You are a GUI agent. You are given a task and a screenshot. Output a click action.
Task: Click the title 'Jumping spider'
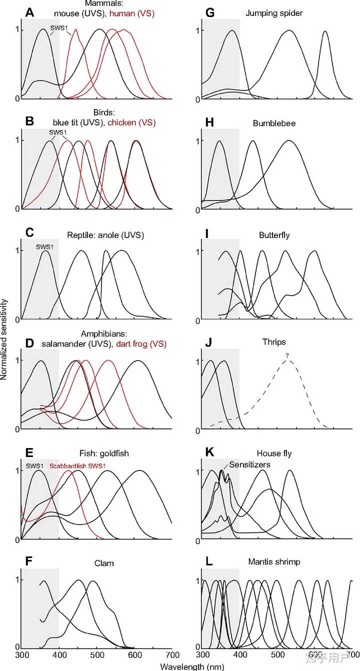270,11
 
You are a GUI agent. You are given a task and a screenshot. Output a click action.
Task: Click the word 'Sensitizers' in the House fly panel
250,464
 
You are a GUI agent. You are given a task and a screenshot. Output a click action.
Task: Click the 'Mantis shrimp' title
274,562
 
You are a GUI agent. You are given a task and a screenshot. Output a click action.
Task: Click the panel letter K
210,453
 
